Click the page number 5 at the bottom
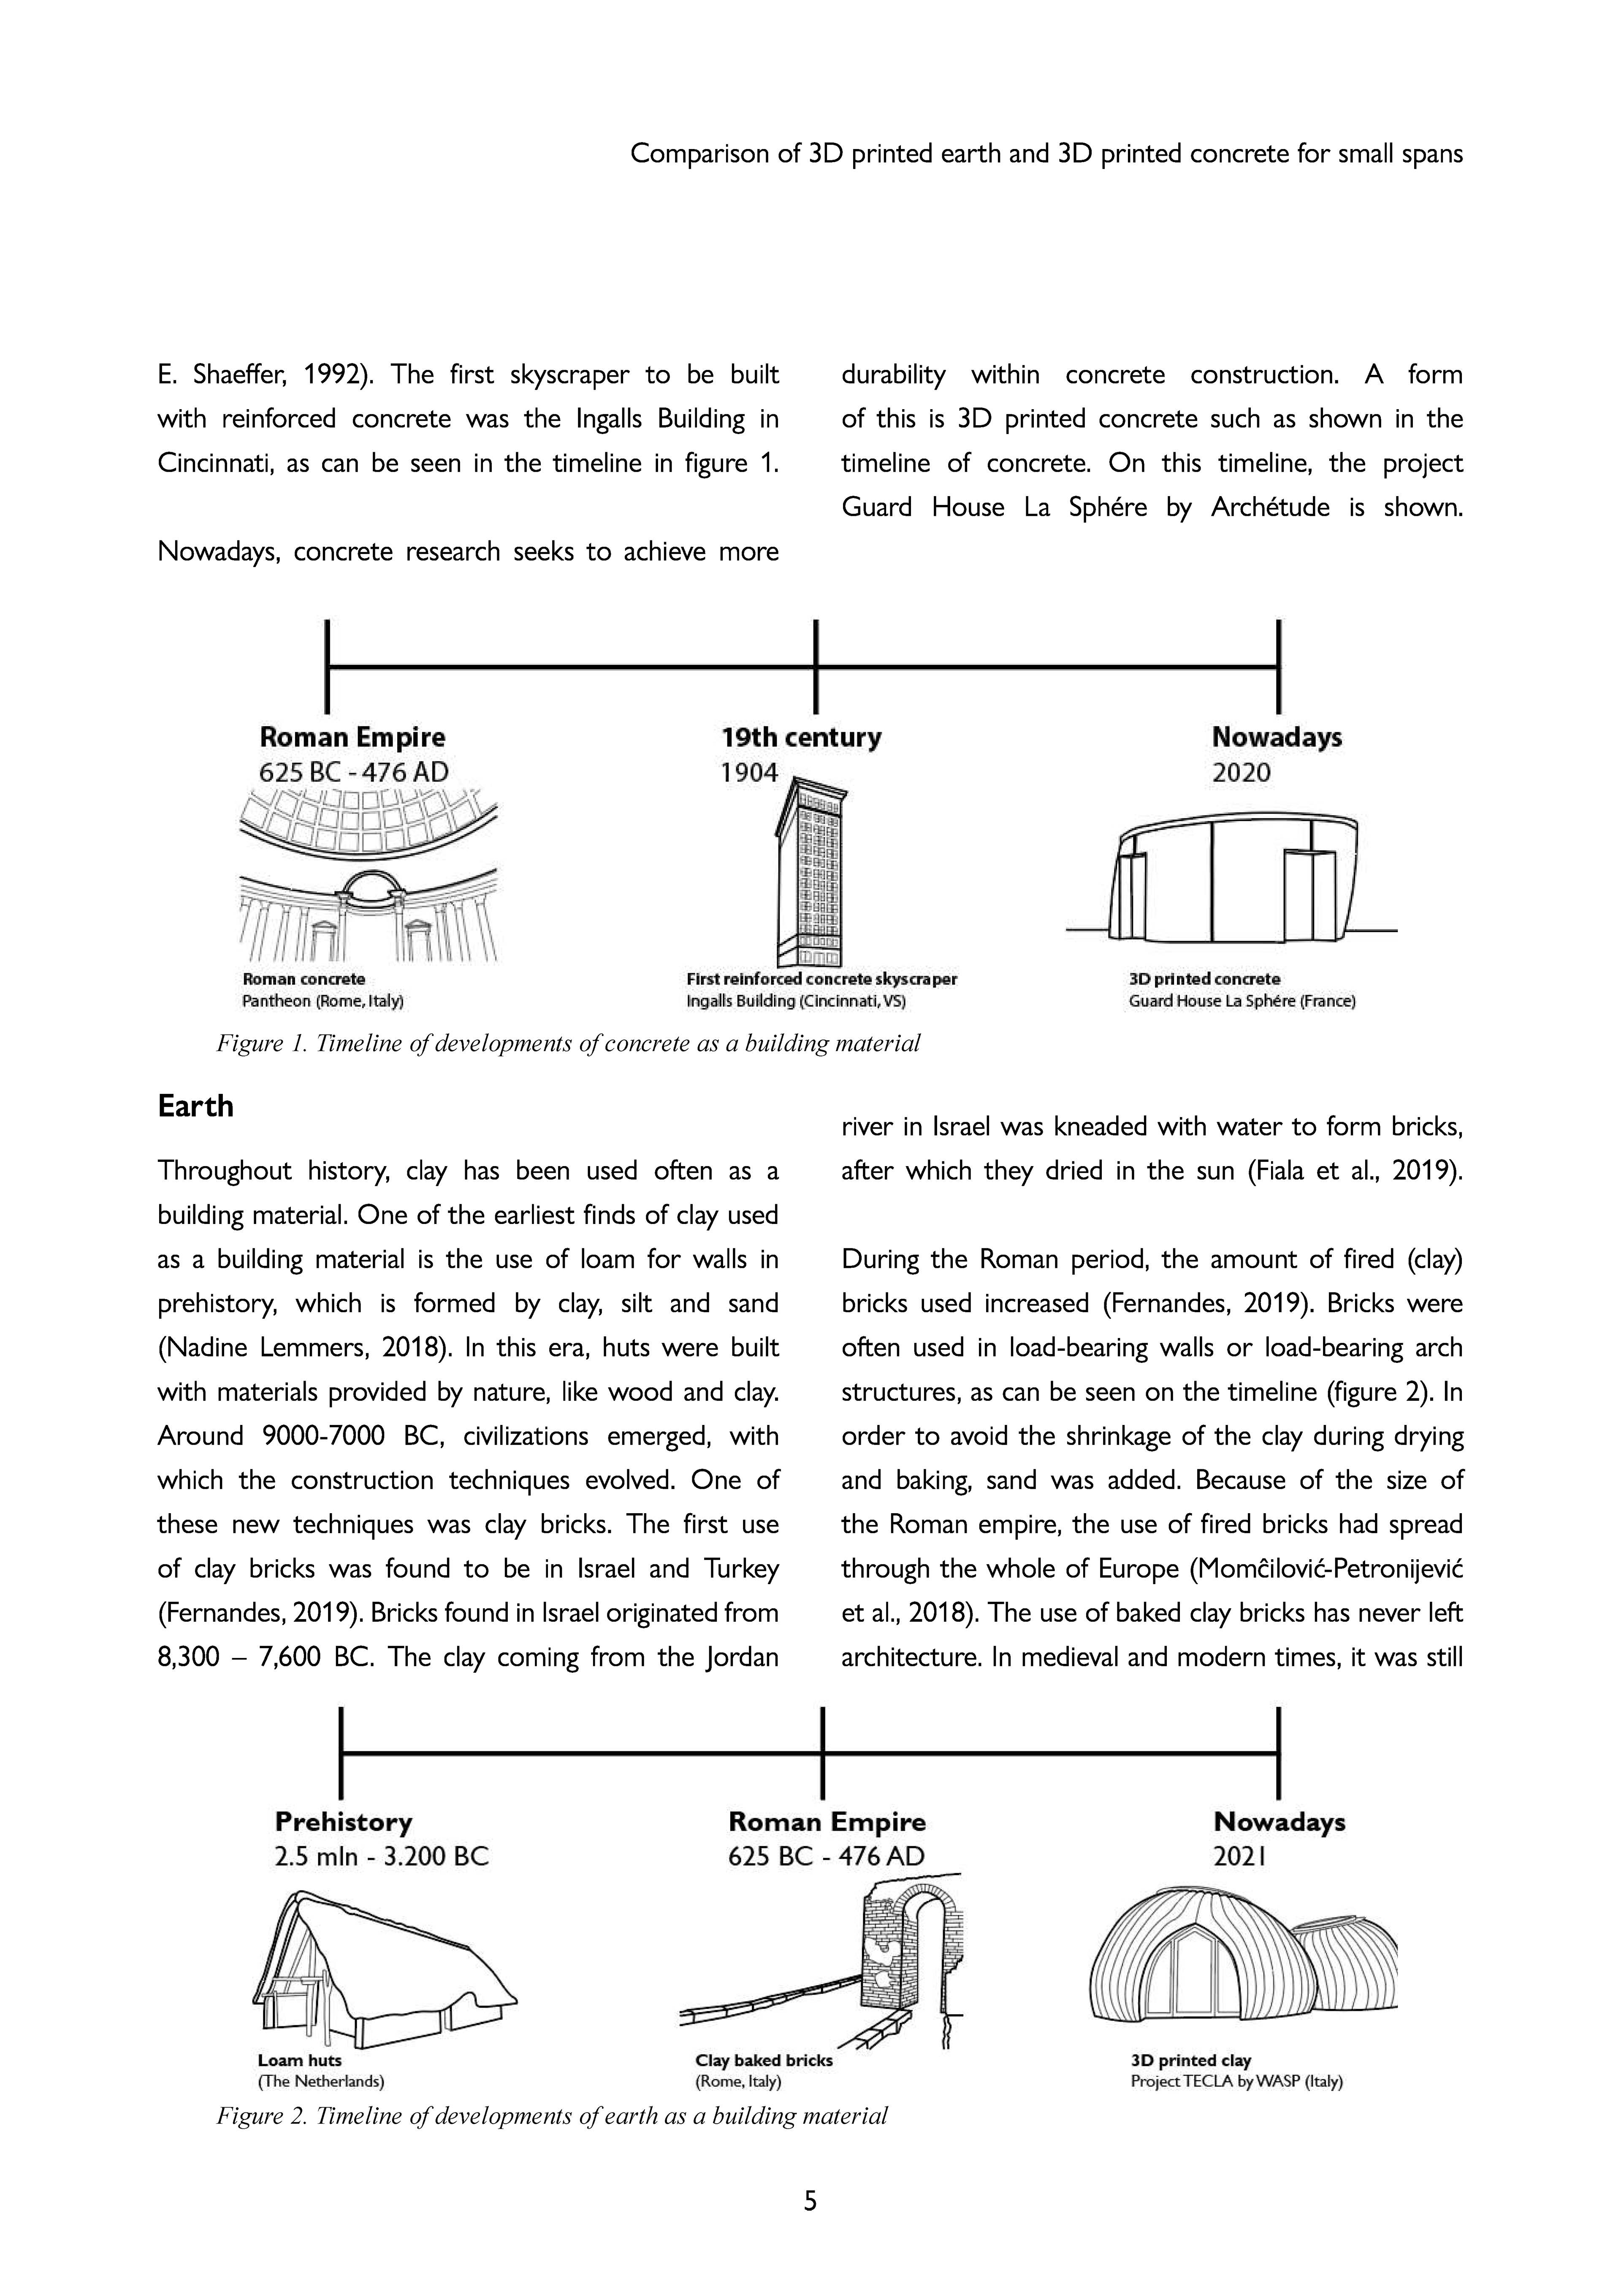810,2200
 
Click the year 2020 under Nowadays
1242,772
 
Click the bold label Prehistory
344,1823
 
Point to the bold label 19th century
801,738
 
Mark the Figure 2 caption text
551,2116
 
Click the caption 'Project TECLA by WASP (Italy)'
1236,2082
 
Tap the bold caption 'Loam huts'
300,2060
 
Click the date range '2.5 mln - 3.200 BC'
382,1856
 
